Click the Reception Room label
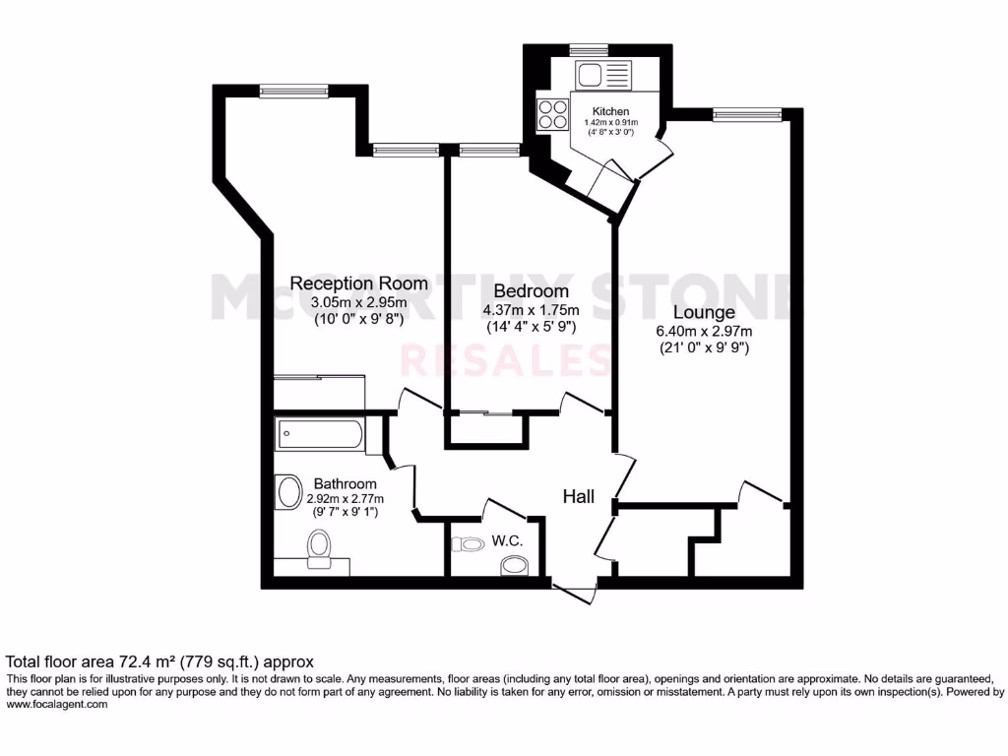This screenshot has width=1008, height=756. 358,283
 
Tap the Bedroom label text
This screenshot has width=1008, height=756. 531,291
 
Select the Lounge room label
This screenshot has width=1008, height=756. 704,313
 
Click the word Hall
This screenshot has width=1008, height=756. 578,497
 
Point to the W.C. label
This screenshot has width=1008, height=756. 507,541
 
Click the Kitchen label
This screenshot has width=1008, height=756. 610,111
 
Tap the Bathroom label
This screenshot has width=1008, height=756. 345,483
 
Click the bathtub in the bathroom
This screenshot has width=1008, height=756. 321,434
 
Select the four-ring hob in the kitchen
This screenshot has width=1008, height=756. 553,115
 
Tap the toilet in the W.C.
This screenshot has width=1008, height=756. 513,565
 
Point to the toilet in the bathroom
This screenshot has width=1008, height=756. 319,548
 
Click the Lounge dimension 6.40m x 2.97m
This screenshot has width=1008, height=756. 704,331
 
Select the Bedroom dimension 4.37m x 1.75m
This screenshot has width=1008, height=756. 530,310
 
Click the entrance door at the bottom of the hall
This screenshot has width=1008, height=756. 575,591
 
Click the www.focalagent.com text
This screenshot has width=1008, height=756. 56,704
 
